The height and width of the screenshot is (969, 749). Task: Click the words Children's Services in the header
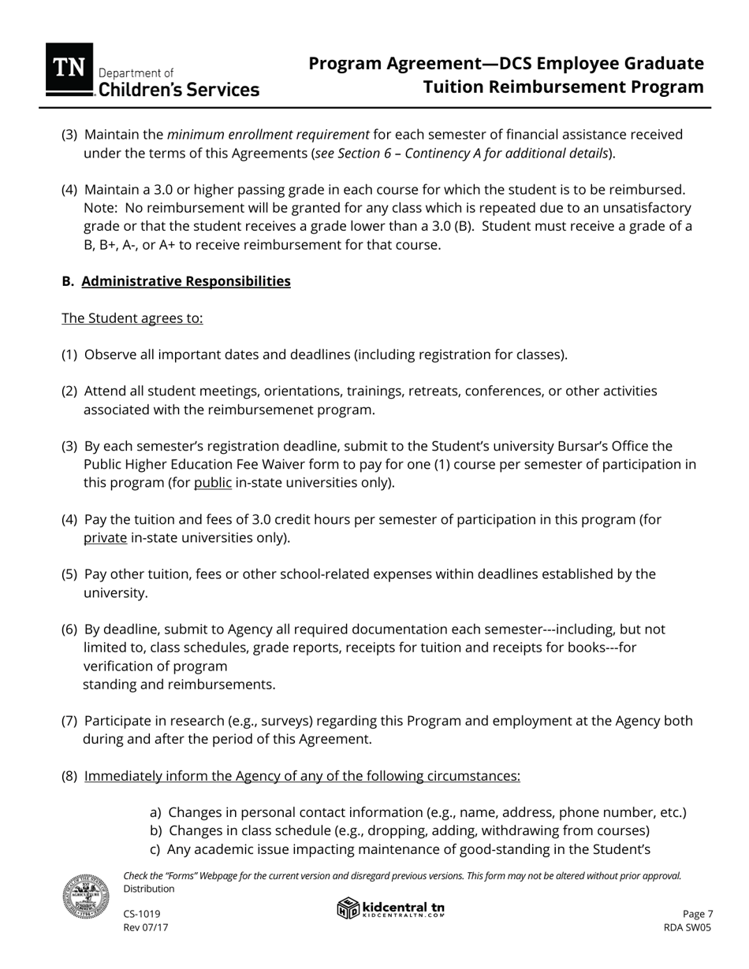[178, 90]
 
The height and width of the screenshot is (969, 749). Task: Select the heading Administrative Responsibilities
[186, 281]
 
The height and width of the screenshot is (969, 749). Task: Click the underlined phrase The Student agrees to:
[132, 318]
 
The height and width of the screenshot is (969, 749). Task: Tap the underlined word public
[213, 483]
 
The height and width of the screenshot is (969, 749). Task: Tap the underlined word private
[105, 538]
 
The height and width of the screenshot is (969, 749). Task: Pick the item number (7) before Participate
[69, 721]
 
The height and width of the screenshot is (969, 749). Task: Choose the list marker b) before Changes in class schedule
[156, 831]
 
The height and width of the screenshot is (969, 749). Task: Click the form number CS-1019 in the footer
[142, 914]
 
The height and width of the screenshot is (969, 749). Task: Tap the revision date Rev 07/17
[146, 928]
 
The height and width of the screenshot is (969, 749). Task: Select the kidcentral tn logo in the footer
[391, 909]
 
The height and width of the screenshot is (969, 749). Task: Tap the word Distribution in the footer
[149, 889]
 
